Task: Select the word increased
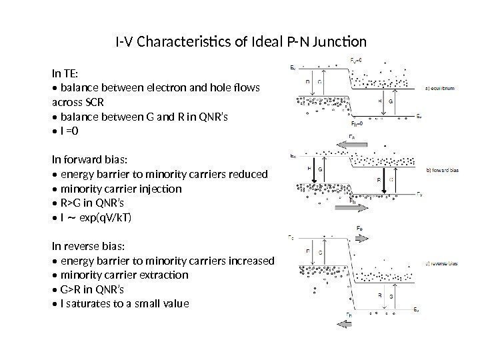(250, 261)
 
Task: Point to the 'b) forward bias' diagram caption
(447, 171)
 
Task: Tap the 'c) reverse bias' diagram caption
(447, 264)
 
